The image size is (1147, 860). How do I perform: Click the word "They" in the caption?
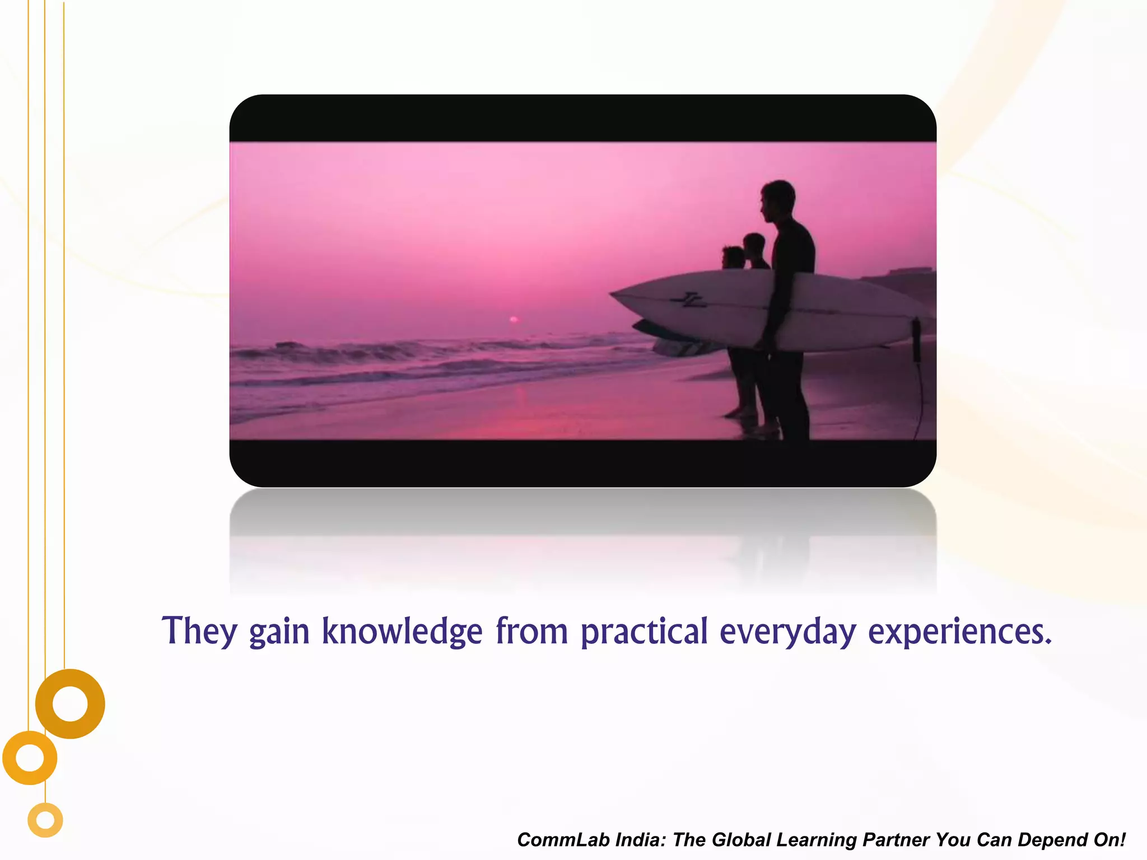click(x=199, y=632)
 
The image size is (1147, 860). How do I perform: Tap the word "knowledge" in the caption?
click(x=402, y=632)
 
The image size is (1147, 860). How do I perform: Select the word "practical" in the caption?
click(x=644, y=632)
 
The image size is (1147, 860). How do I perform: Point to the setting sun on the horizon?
click(x=514, y=320)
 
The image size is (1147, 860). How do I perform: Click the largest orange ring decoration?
click(x=70, y=704)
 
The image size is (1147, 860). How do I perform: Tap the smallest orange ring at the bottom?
click(x=45, y=820)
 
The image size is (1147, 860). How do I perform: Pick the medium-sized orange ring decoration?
click(x=30, y=758)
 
